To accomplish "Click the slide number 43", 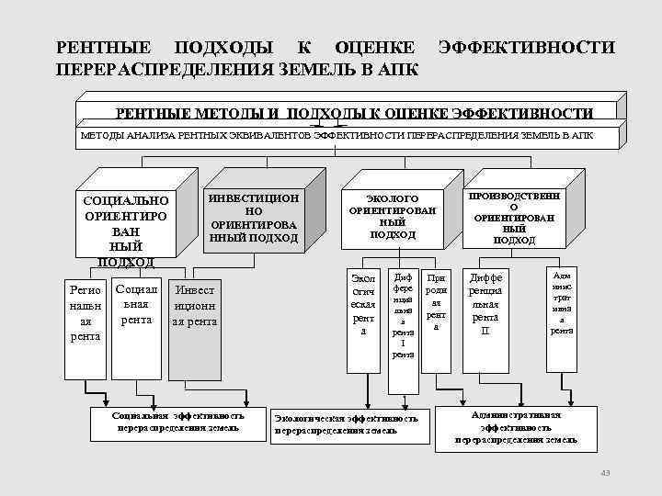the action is (604, 472).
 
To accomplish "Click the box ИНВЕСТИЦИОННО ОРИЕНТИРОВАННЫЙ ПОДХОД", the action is (254, 218).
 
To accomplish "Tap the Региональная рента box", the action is (86, 312).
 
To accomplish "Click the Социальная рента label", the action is (136, 304).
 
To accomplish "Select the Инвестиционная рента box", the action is (194, 306).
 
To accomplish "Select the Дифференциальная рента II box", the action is (485, 303).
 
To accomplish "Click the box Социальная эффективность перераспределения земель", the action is (177, 422).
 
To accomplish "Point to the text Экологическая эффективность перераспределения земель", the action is (346, 423).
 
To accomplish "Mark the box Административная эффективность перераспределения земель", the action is (516, 427).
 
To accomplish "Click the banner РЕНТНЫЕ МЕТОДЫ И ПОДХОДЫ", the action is (354, 113).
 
